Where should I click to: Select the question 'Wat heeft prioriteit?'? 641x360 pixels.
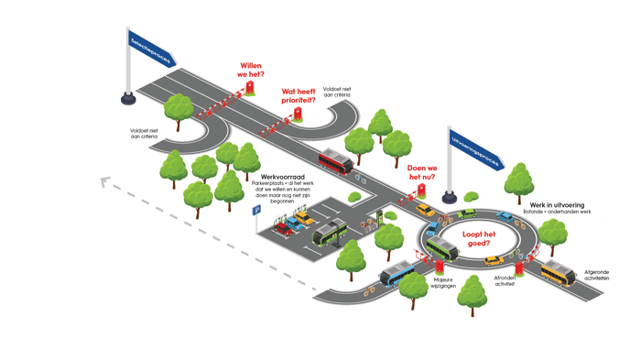299,95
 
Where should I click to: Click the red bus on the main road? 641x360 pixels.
334,164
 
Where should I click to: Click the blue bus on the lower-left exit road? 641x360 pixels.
400,272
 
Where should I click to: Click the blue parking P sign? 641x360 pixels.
257,210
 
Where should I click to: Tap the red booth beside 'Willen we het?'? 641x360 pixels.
247,88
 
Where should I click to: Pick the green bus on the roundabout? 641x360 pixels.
441,247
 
